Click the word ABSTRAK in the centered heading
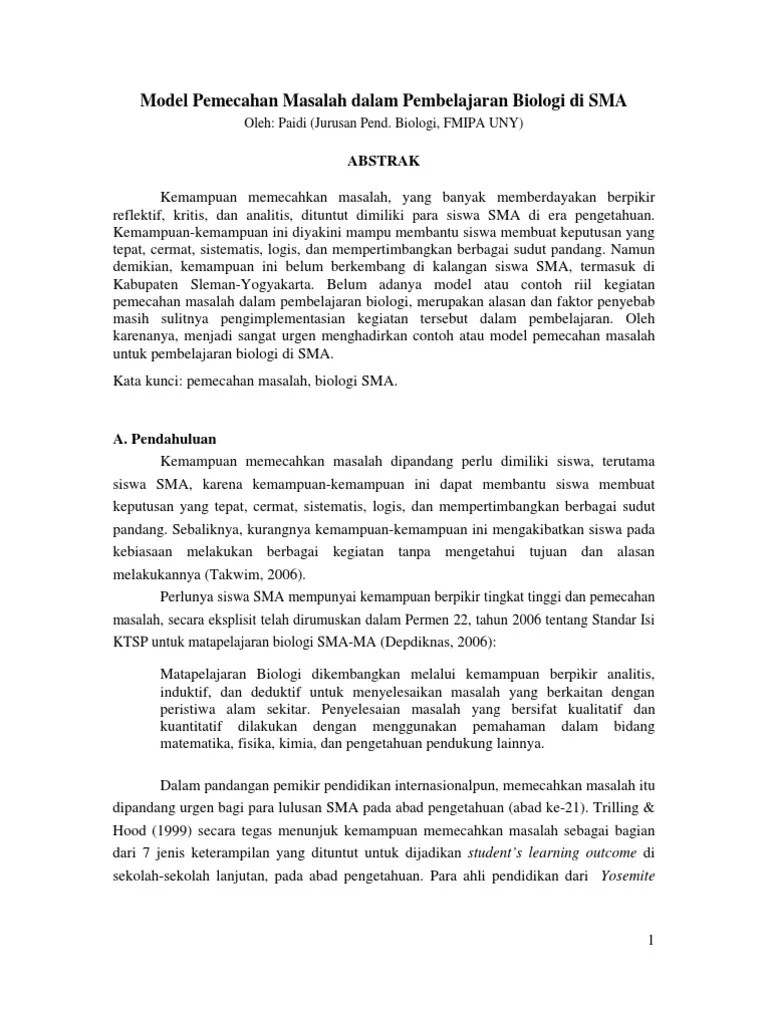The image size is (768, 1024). click(x=384, y=159)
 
